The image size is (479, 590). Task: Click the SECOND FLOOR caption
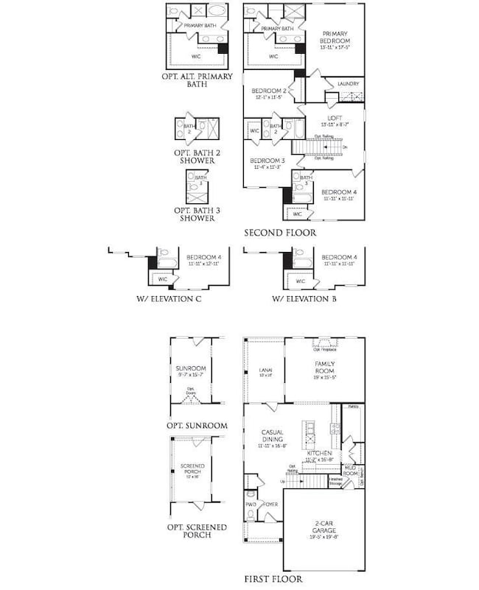(x=281, y=233)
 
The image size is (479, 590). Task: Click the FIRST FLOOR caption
(x=273, y=579)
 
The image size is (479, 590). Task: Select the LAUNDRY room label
(x=348, y=84)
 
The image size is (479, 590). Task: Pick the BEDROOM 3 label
(x=267, y=160)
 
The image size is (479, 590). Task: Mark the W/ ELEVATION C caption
(x=169, y=299)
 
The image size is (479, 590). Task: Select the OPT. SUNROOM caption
(x=197, y=426)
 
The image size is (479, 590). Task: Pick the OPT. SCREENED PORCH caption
(x=197, y=531)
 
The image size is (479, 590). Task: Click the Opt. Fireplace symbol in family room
(x=324, y=342)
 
